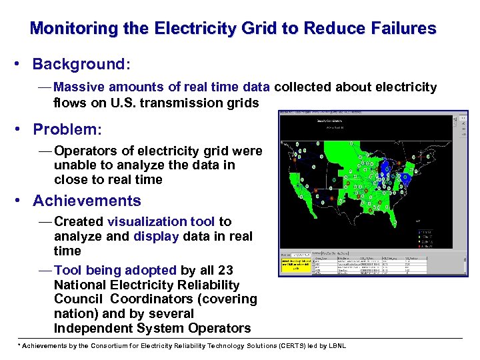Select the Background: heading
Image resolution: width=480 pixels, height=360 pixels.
pos(81,65)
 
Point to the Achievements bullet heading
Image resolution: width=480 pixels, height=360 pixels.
pos(87,201)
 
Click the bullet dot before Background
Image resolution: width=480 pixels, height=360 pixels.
pos(22,65)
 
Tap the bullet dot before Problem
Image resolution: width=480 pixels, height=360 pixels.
pos(22,129)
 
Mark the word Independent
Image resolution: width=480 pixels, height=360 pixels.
pos(93,328)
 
